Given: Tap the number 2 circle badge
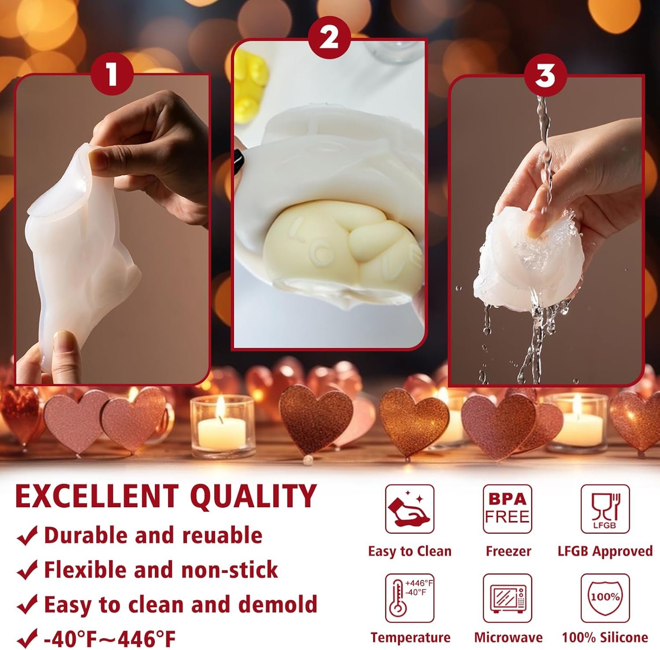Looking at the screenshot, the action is click(x=329, y=37).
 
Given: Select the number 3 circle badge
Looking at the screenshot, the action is click(x=545, y=75).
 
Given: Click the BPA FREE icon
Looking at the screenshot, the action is click(x=507, y=509).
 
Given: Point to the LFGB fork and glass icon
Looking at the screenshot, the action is click(x=605, y=509).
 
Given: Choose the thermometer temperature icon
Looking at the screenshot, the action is click(x=409, y=598).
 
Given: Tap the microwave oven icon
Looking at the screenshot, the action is click(x=507, y=598).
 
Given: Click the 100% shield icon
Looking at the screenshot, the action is click(x=605, y=598).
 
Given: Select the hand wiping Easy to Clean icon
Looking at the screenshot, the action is click(x=409, y=509).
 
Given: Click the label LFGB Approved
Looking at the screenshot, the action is click(x=605, y=551).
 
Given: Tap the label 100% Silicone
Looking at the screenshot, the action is click(x=605, y=637).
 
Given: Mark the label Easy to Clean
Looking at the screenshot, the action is click(x=410, y=551).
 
